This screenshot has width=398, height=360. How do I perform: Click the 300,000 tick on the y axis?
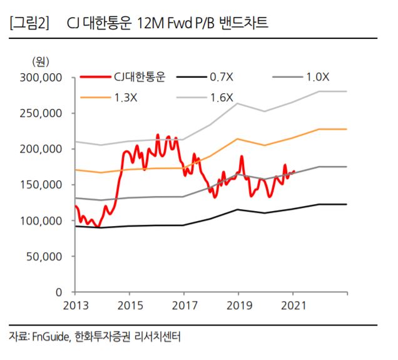[42, 78]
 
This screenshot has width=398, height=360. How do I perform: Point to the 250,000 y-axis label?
[42, 113]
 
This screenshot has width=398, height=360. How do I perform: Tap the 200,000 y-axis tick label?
[42, 149]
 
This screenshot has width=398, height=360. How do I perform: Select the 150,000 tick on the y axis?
[42, 185]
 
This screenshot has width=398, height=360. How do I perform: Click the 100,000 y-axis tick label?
[42, 220]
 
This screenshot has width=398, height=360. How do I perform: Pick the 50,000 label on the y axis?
[45, 256]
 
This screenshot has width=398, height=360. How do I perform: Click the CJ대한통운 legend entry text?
[139, 78]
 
